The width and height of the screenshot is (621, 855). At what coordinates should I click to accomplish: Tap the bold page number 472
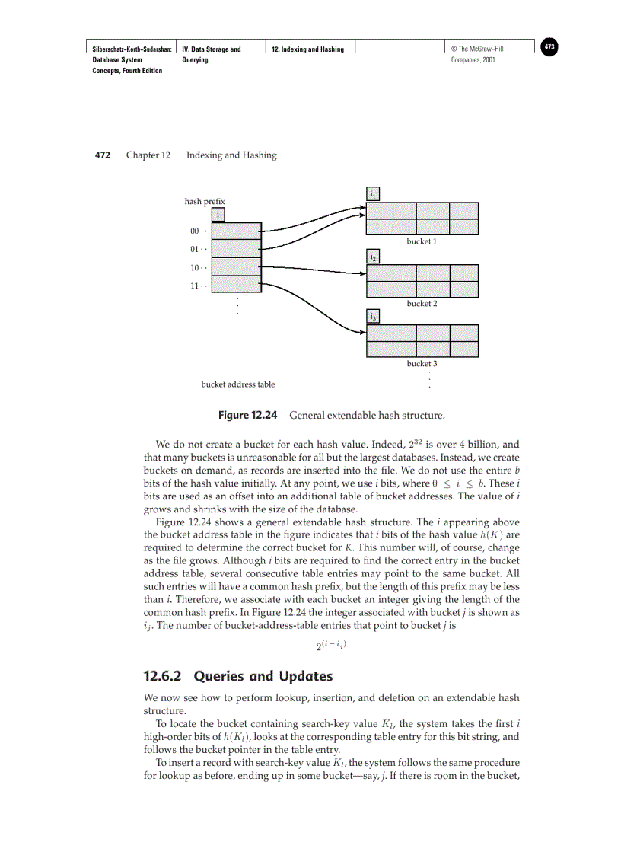pos(103,155)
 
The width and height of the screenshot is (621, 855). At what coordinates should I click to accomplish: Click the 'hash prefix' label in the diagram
pos(205,202)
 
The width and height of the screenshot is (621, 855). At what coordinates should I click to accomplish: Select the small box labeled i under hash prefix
pos(218,215)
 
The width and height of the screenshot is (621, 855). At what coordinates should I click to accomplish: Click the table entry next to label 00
pos(236,231)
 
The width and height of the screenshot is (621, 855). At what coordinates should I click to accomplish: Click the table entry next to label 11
pos(236,285)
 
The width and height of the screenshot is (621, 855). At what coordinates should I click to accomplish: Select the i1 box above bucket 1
pos(373,194)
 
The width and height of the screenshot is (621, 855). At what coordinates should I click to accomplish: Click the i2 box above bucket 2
pos(373,257)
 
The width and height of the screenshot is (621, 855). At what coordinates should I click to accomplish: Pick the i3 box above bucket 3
pos(373,316)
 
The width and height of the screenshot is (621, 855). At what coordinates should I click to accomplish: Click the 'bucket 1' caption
pos(422,241)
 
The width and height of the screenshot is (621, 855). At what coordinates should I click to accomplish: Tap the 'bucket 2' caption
pos(422,304)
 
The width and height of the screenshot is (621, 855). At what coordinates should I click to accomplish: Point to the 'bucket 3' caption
pos(422,364)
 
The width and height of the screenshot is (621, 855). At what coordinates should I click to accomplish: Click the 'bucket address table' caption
pos(238,384)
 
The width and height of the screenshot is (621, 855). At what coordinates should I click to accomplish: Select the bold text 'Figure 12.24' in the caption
pos(247,416)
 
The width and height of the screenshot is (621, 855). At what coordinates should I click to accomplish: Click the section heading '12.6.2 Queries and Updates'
pos(238,676)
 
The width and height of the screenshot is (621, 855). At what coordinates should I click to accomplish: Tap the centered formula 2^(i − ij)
pos(331,646)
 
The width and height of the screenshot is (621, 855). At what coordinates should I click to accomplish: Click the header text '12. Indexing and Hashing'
pos(308,49)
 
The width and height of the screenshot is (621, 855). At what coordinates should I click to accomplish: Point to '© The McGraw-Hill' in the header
pos(477,49)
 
